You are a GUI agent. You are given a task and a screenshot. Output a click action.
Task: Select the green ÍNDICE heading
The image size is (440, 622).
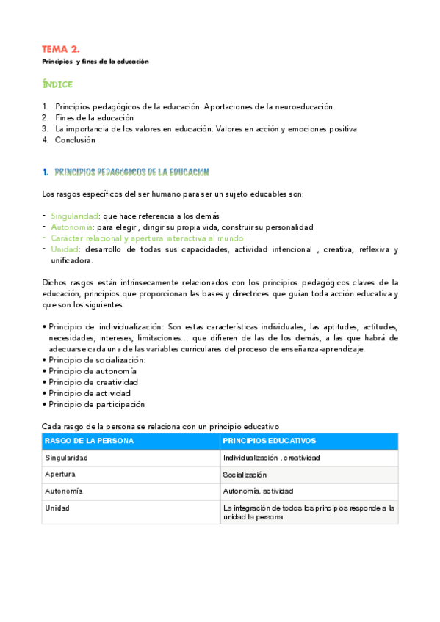point(57,85)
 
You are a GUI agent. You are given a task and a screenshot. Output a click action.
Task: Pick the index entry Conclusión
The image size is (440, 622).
point(75,139)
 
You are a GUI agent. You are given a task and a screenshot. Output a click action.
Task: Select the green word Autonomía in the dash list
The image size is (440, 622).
point(73,227)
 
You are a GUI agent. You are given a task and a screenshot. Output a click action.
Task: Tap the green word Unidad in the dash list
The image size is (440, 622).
point(65,249)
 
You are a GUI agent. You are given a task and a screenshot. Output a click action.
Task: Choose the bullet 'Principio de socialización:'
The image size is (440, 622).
point(97,360)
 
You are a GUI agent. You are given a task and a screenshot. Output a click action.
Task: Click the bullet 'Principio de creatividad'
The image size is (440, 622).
point(93,382)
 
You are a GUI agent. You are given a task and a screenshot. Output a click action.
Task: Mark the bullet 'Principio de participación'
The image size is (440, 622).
point(97,404)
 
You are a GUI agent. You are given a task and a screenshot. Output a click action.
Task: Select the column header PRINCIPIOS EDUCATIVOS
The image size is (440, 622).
point(270,441)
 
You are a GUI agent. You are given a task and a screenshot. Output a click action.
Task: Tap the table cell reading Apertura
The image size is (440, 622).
point(60,475)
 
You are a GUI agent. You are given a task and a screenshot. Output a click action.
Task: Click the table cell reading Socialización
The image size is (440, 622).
point(245,475)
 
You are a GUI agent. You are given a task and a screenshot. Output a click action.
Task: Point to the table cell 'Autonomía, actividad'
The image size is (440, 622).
point(255,491)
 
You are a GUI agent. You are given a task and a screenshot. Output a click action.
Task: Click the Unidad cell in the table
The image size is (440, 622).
point(57,508)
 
